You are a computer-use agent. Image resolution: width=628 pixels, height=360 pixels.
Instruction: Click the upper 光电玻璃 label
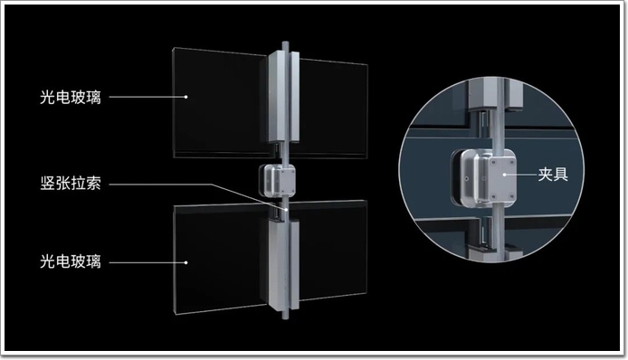(71, 98)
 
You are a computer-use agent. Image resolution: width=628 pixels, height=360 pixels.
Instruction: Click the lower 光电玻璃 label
(71, 261)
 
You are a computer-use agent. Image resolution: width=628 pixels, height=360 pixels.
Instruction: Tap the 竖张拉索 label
(71, 184)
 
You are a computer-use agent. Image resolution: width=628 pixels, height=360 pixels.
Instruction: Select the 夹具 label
(553, 175)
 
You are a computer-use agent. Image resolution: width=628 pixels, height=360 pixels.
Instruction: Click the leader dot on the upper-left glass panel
(186, 97)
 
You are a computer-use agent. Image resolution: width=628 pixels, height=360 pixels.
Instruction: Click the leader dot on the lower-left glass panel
(186, 262)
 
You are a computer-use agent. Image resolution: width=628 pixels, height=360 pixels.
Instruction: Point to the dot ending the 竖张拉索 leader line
(286, 209)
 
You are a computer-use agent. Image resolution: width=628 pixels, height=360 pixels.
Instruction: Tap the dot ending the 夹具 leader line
(505, 175)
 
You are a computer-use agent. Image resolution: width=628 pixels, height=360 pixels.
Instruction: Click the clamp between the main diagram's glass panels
(277, 180)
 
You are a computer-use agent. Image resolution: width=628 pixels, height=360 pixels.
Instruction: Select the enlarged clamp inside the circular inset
(485, 177)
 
